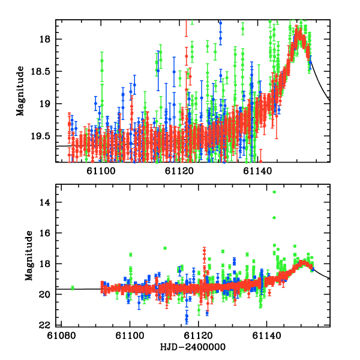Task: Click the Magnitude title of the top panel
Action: point(21,91)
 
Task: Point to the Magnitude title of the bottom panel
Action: point(28,257)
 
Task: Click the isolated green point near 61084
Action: point(73,288)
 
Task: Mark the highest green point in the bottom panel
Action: point(274,192)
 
